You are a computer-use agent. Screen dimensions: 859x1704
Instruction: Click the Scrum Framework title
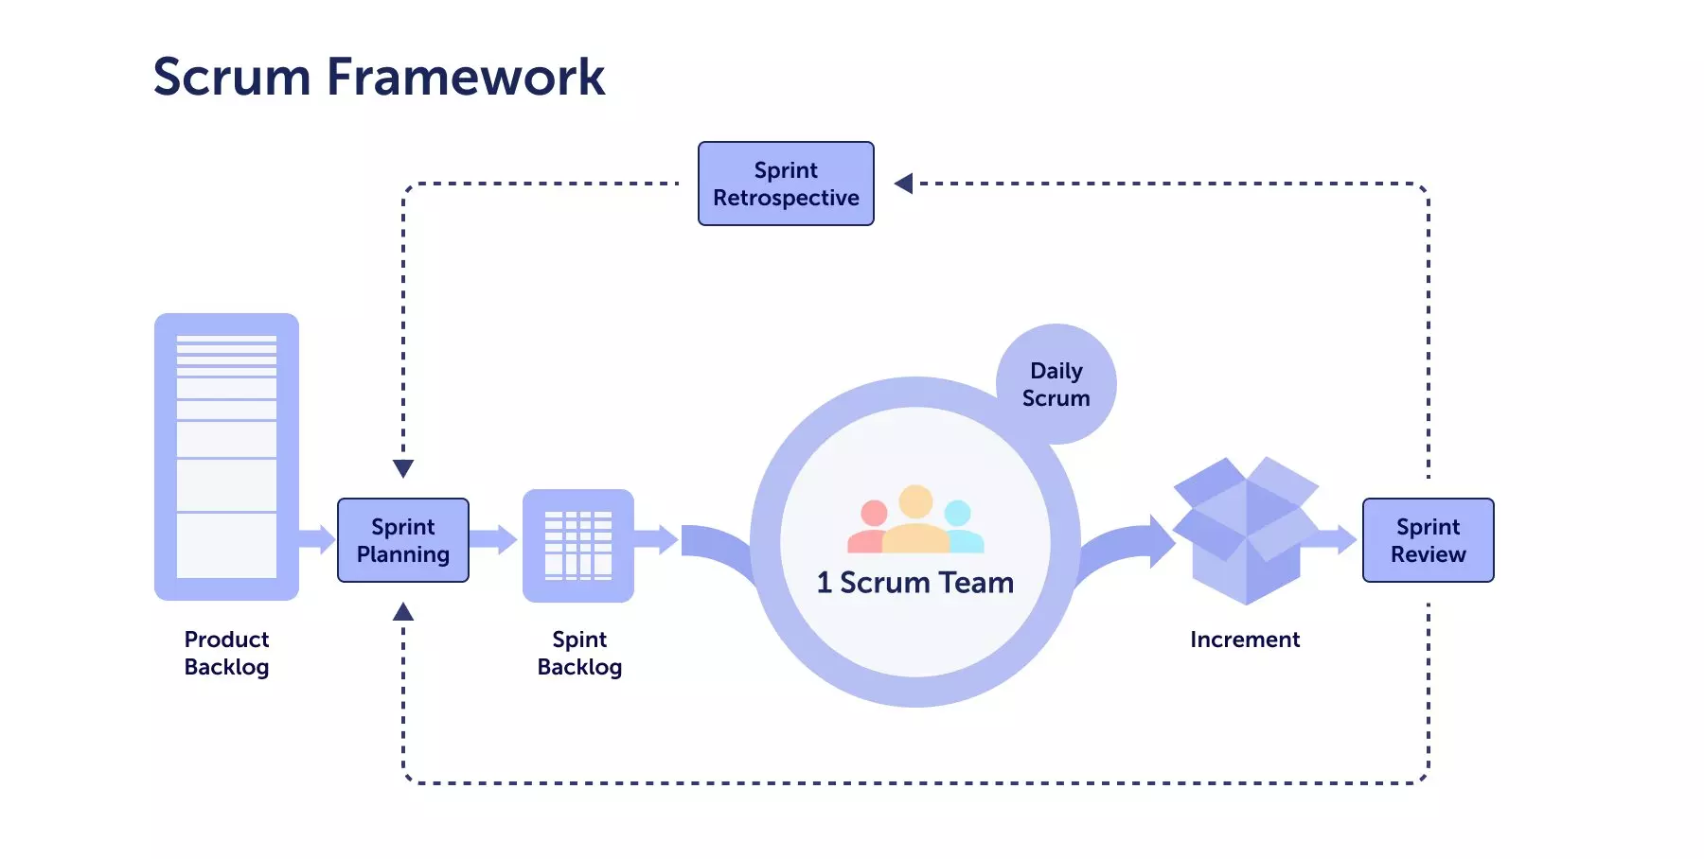[x=379, y=77]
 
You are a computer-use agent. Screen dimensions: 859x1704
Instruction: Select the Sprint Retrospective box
[x=786, y=184]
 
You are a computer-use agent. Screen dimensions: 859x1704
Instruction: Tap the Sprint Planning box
[x=403, y=540]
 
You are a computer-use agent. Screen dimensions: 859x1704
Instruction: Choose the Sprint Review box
[x=1428, y=540]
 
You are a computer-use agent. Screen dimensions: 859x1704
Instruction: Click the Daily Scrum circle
[x=1056, y=384]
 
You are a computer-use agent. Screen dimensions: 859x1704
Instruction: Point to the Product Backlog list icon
[x=226, y=457]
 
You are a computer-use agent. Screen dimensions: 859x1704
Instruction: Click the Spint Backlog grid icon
[x=578, y=546]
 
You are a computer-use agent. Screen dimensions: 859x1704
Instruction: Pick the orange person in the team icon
[x=915, y=520]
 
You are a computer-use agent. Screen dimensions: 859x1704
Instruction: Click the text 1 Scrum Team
[x=914, y=583]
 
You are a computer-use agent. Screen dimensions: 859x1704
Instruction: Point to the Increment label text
[x=1245, y=640]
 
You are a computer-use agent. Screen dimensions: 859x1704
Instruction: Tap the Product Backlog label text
[x=226, y=653]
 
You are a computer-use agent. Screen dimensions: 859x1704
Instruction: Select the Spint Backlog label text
[x=579, y=653]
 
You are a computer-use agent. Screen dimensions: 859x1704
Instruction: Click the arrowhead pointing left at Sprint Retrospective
[x=904, y=184]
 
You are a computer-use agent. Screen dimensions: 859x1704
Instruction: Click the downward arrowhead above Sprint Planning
[x=403, y=468]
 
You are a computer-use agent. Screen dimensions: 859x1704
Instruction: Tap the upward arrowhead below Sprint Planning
[x=403, y=612]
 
